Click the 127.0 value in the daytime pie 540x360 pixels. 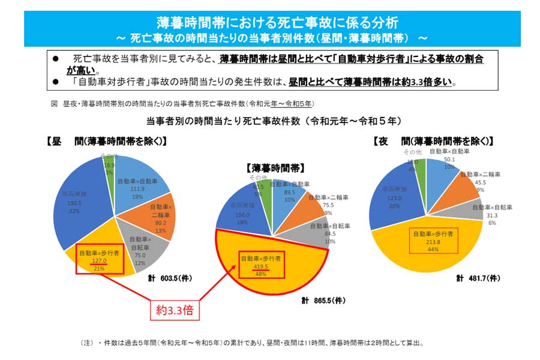(x=99, y=260)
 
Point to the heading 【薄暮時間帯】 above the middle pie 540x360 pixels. (x=274, y=169)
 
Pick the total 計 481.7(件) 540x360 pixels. (x=478, y=278)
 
